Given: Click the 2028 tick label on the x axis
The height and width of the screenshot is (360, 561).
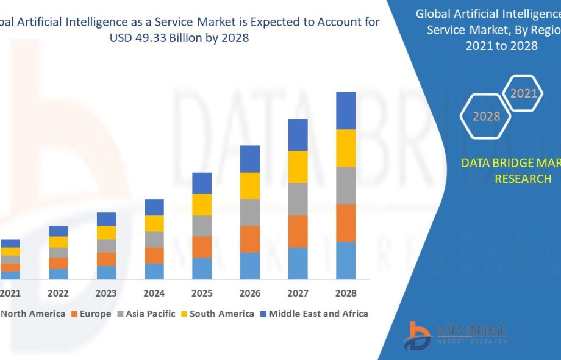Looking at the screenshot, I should pos(346,293).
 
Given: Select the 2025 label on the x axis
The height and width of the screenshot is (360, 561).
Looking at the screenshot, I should pos(202,293).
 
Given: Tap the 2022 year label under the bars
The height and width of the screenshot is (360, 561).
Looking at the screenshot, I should pos(58,293).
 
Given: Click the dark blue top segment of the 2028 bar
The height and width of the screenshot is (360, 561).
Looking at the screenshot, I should pos(346,110).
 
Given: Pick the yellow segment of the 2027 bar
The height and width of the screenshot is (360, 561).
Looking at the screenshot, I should pos(298,167).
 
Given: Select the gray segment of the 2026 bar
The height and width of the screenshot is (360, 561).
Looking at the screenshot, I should pos(250,212).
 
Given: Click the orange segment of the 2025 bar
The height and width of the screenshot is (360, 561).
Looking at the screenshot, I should pos(202,247).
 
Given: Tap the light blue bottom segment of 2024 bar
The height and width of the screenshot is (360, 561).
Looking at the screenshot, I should pos(154,272).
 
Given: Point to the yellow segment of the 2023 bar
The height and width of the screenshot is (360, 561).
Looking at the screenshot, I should pos(106,232).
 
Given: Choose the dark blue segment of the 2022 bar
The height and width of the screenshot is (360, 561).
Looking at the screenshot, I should pos(59,231).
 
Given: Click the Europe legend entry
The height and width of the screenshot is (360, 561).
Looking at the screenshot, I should pos(91,314).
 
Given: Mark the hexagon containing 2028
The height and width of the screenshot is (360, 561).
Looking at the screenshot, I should pos(486,116).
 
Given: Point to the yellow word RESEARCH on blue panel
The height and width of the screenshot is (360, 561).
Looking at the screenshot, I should pos(523,179).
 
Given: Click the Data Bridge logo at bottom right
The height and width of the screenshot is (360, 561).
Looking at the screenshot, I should pos(457,334).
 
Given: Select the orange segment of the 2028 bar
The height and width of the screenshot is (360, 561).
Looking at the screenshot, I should pos(346,223).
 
